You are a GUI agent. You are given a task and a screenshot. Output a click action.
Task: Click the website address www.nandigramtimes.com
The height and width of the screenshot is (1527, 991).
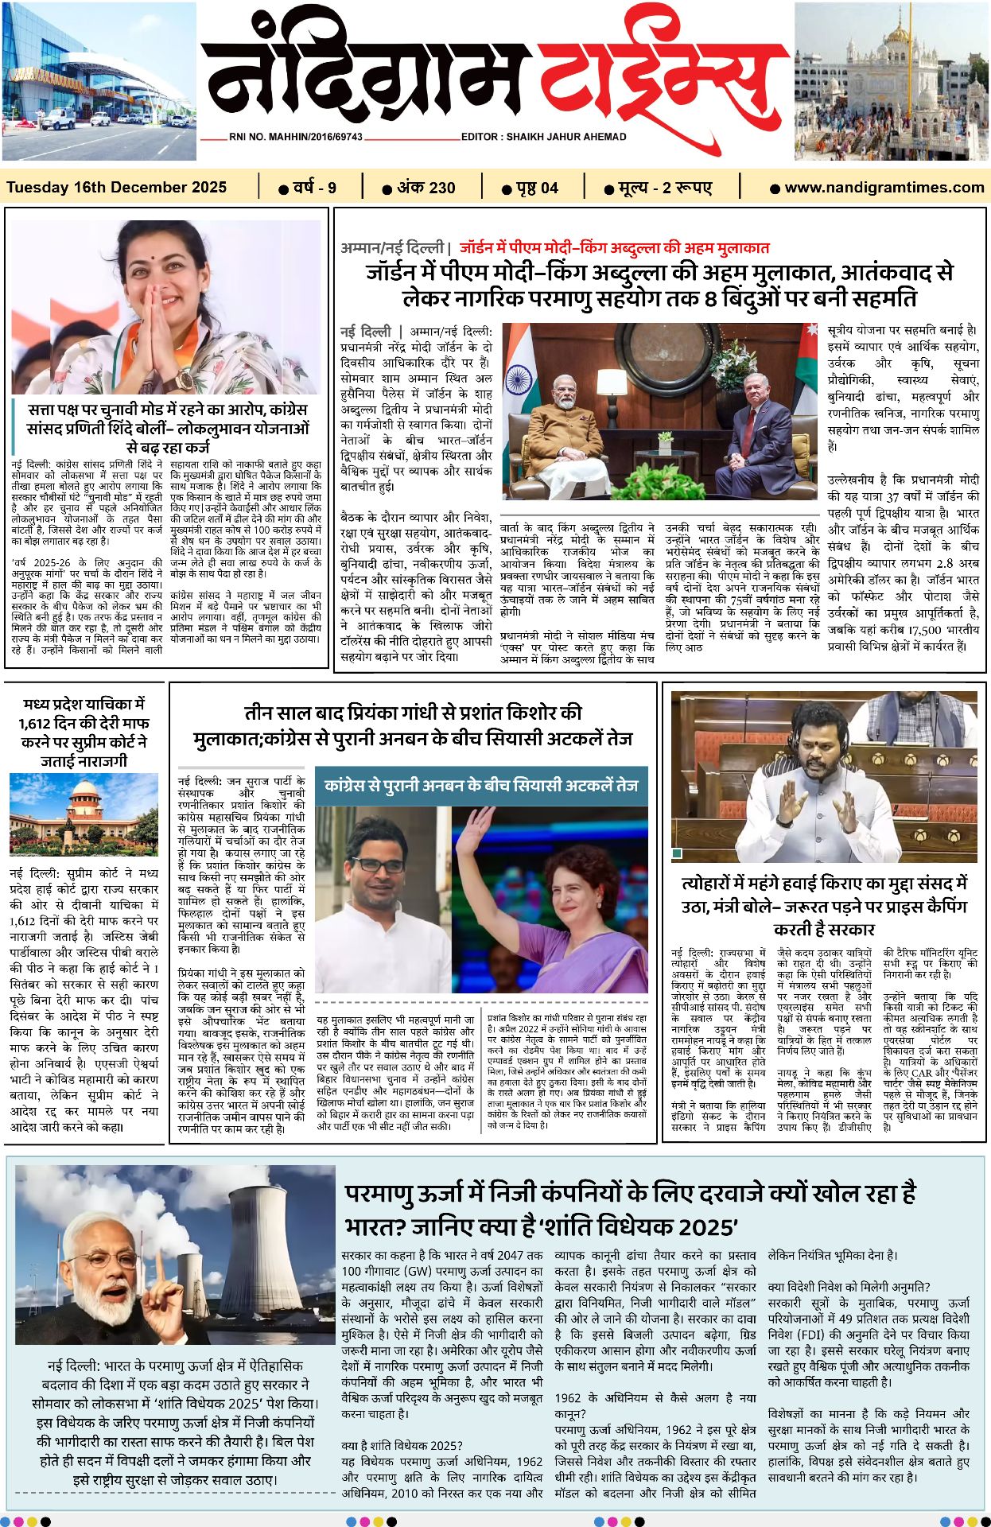click(x=884, y=188)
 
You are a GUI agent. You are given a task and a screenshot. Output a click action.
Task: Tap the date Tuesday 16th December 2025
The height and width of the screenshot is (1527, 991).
click(x=117, y=188)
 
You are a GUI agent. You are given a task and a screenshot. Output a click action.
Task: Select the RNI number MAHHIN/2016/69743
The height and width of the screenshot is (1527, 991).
click(x=295, y=137)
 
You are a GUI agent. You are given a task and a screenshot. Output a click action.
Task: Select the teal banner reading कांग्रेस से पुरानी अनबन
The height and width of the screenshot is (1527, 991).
click(x=481, y=786)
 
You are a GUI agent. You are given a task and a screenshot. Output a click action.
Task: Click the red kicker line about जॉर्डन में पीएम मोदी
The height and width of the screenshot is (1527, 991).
click(x=613, y=248)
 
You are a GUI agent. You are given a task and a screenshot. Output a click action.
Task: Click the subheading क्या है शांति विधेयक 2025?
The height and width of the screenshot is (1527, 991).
click(x=402, y=1445)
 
